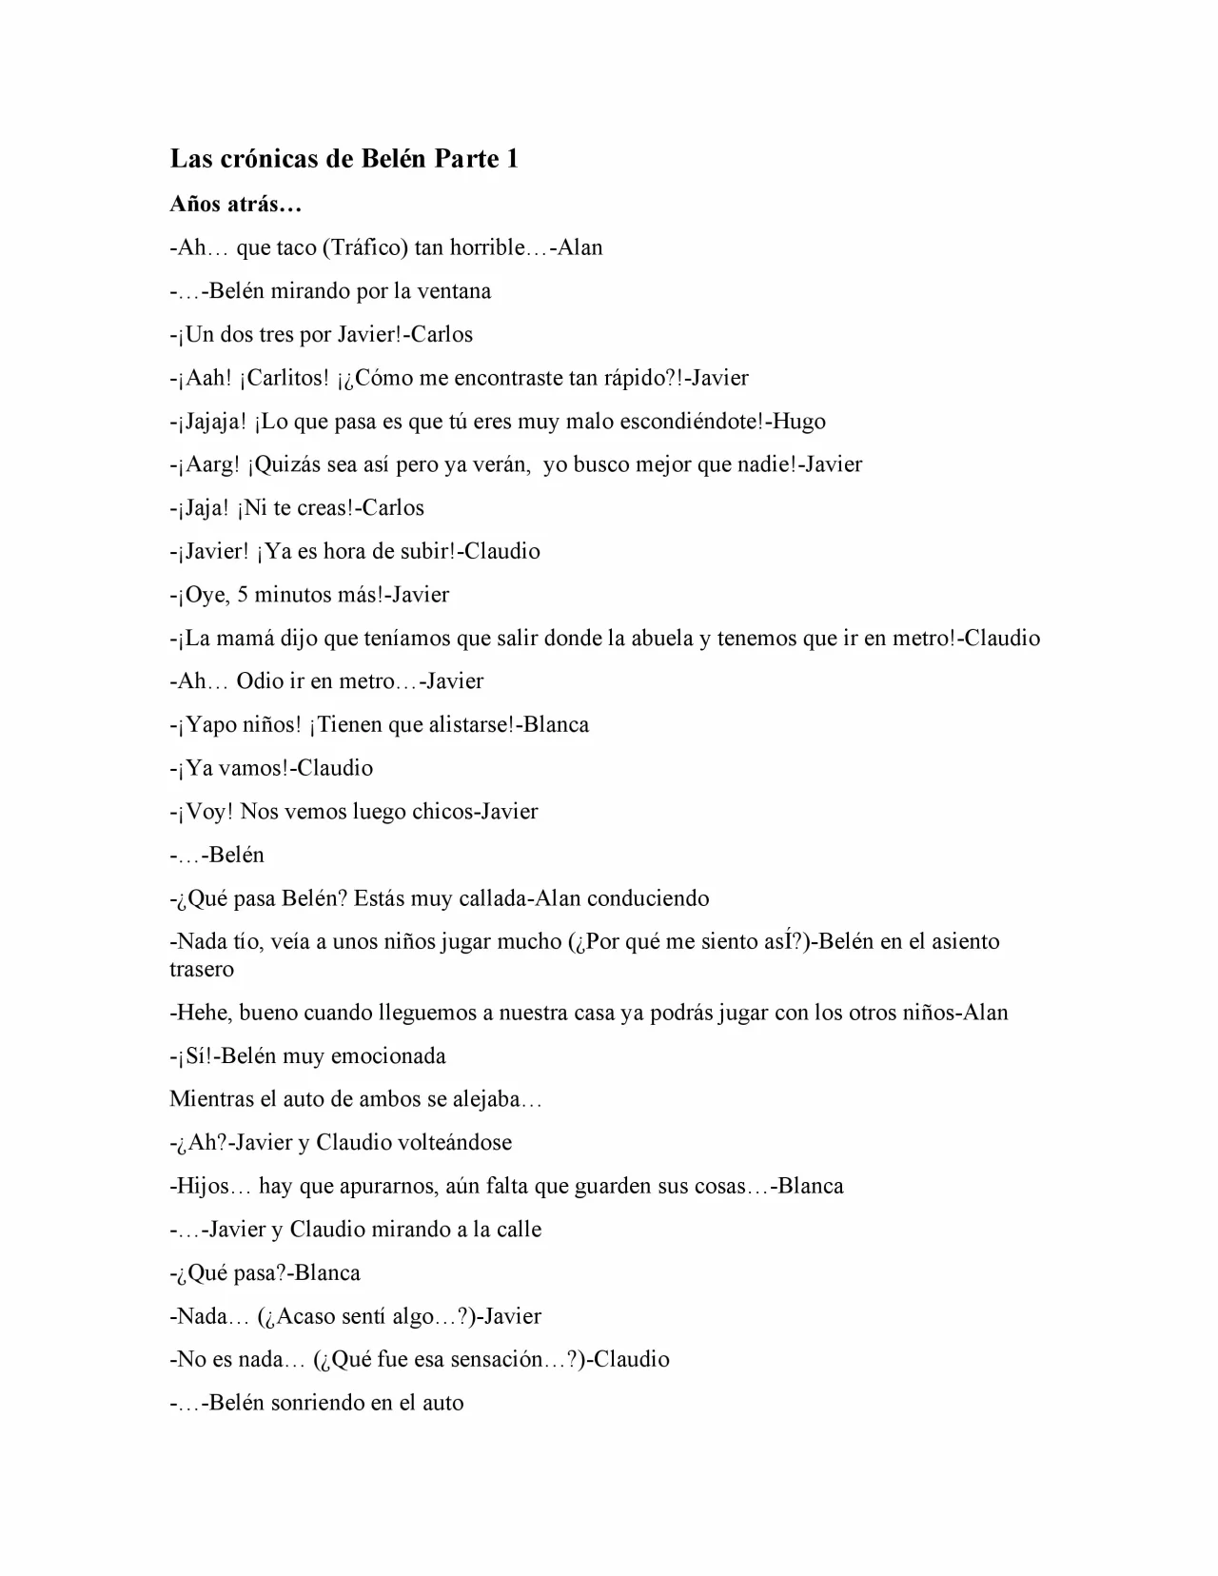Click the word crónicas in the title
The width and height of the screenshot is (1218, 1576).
[x=273, y=158]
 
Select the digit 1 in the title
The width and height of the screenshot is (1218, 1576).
[x=513, y=158]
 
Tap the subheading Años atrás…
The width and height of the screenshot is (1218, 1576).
[x=235, y=204]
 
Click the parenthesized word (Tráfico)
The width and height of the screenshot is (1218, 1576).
[x=365, y=247]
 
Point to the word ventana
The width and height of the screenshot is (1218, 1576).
[x=455, y=291]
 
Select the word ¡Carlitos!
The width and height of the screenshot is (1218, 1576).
[x=285, y=378]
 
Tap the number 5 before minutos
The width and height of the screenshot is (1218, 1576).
[x=243, y=595]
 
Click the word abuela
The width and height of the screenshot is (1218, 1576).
[x=656, y=638]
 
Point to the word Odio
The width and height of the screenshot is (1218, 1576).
[x=261, y=681]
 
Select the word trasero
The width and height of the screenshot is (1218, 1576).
[x=202, y=969]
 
